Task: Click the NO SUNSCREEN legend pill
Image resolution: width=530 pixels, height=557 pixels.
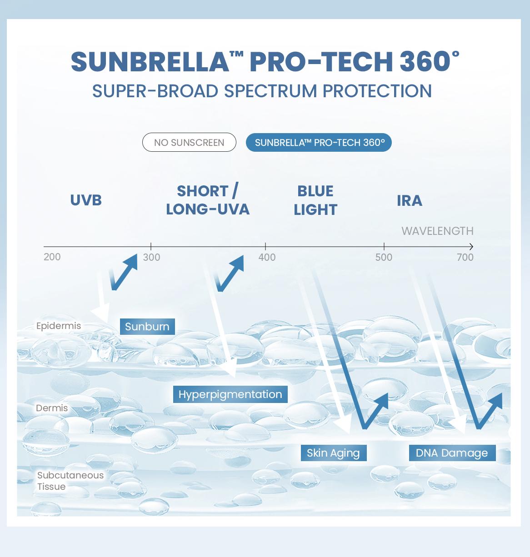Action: click(189, 142)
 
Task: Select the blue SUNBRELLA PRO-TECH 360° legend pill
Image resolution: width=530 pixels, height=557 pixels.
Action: click(319, 142)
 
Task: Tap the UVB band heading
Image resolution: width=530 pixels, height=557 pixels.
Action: click(86, 200)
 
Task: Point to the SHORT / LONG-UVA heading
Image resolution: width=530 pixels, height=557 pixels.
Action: click(208, 200)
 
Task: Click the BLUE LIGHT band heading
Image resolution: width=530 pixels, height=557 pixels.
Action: click(315, 200)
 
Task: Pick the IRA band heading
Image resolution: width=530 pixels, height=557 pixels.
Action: click(410, 200)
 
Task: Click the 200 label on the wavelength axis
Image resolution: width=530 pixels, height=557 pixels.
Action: click(52, 257)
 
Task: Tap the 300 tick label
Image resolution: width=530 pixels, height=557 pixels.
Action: click(151, 257)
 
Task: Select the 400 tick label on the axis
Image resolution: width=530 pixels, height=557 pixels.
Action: click(267, 257)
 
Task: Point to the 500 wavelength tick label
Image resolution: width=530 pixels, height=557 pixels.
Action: click(384, 257)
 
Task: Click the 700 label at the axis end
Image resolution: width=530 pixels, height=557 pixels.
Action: click(465, 257)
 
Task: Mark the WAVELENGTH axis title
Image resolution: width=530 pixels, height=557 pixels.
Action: click(437, 231)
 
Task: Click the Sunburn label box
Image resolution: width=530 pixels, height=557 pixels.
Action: click(147, 326)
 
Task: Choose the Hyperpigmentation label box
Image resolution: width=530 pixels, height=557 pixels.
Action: click(230, 394)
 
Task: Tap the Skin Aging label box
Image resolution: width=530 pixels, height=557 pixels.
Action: click(333, 453)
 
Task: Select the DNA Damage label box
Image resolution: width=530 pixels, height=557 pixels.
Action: click(452, 453)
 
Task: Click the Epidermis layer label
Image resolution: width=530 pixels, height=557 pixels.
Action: click(59, 326)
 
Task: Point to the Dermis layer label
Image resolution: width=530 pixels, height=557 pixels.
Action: click(52, 408)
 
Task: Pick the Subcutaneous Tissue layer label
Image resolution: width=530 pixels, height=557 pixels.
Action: click(70, 481)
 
